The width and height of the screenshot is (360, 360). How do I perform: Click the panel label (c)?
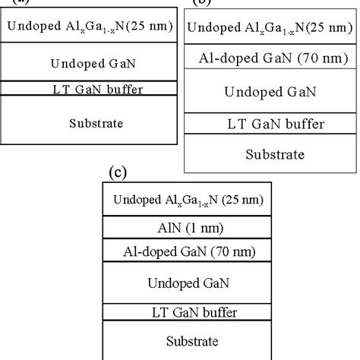click(118, 172)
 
